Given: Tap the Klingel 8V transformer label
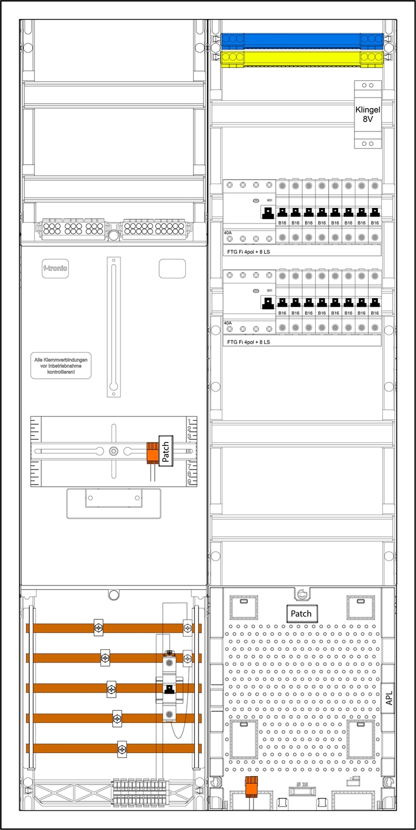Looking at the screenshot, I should pos(368,114).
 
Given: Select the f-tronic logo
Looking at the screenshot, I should pos(55,268).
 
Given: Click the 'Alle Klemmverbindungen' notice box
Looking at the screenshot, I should pos(60,366).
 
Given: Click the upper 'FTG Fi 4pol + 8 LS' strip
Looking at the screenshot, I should pos(302,251).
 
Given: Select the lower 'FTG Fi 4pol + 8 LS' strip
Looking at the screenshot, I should pos(302,342).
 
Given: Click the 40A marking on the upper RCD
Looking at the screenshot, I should pos(228,232).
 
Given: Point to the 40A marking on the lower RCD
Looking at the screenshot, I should pos(228,323).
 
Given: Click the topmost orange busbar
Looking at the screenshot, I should pos(114,628).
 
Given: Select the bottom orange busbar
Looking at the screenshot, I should pos(114,748).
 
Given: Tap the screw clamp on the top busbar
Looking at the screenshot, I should pos(98,628).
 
